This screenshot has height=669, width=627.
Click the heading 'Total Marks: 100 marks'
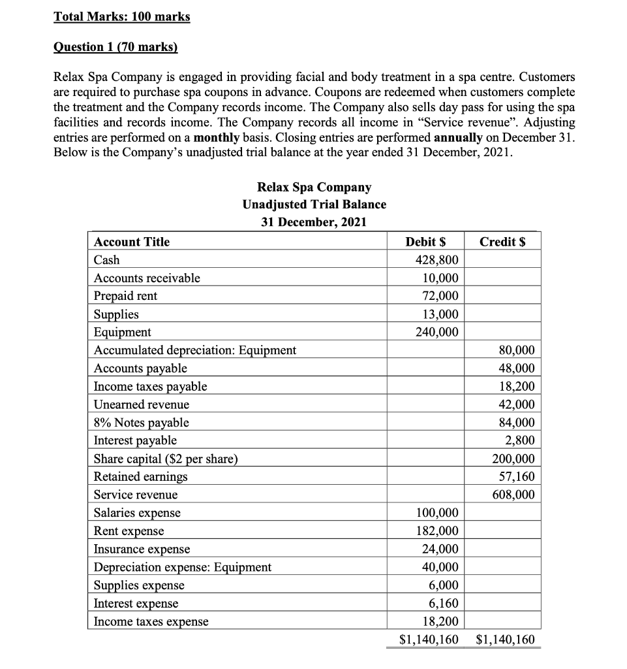122,16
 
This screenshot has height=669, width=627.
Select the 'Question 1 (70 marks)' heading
115,47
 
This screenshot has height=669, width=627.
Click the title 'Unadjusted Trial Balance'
314,204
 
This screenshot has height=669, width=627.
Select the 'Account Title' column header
132,242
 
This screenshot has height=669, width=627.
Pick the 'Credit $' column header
502,242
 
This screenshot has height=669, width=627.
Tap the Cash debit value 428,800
436,260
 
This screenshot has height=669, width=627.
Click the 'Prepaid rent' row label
126,296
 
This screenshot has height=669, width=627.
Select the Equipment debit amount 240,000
436,332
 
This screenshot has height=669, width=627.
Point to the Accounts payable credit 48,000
515,368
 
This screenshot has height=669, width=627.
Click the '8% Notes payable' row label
142,423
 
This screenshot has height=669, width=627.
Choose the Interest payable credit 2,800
520,440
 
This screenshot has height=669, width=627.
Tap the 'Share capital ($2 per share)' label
166,459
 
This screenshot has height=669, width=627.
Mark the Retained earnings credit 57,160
515,476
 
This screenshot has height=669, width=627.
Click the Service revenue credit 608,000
513,495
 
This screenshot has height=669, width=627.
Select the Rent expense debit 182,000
436,530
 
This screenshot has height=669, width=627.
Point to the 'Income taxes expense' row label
151,622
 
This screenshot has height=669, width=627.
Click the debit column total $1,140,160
429,639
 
